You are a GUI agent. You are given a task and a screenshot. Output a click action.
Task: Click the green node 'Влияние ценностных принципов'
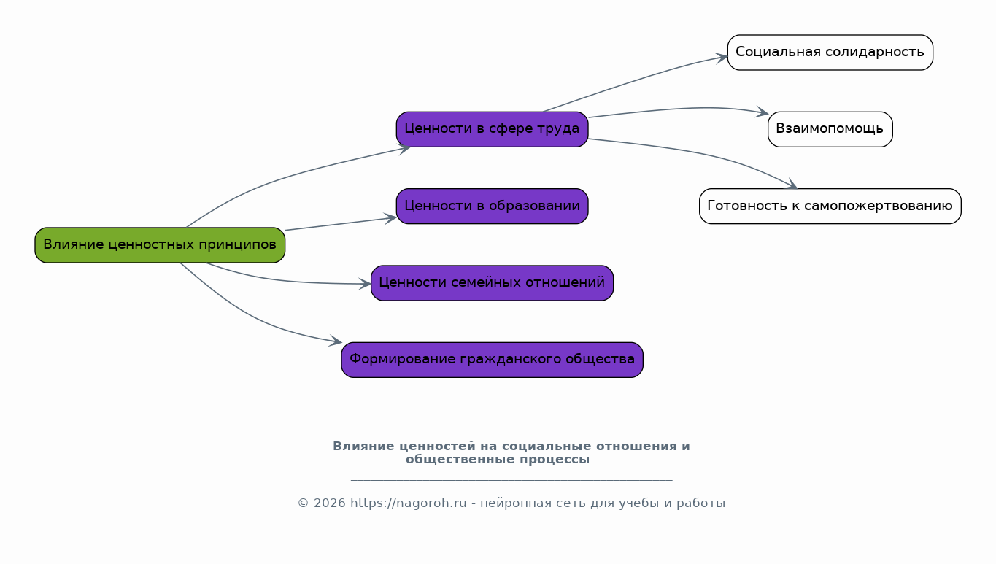pos(160,245)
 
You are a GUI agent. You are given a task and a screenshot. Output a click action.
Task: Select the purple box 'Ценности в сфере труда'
pos(492,129)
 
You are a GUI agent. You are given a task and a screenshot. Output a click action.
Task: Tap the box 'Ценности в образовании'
pos(492,206)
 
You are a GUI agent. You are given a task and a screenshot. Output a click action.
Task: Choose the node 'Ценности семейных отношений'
pos(492,283)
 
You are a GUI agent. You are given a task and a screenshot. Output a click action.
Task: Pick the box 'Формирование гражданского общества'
pos(492,360)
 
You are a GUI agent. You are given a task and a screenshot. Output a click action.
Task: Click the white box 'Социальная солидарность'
pos(830,53)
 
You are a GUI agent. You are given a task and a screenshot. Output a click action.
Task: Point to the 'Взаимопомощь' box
pos(830,129)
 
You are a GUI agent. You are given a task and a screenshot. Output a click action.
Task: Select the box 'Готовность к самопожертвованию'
pos(830,206)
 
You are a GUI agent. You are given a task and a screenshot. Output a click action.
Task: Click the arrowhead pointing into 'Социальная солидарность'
pos(722,57)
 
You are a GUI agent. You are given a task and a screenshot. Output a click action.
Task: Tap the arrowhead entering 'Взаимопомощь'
pos(763,113)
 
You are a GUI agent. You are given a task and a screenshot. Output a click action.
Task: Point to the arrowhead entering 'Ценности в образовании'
pos(391,217)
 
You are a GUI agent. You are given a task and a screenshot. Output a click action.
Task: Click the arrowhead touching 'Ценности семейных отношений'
pos(366,284)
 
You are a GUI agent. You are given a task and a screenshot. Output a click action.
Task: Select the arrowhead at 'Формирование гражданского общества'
pos(336,341)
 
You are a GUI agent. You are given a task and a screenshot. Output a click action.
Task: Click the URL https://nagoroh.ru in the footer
pos(408,503)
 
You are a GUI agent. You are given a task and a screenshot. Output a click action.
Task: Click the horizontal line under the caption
pos(511,480)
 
